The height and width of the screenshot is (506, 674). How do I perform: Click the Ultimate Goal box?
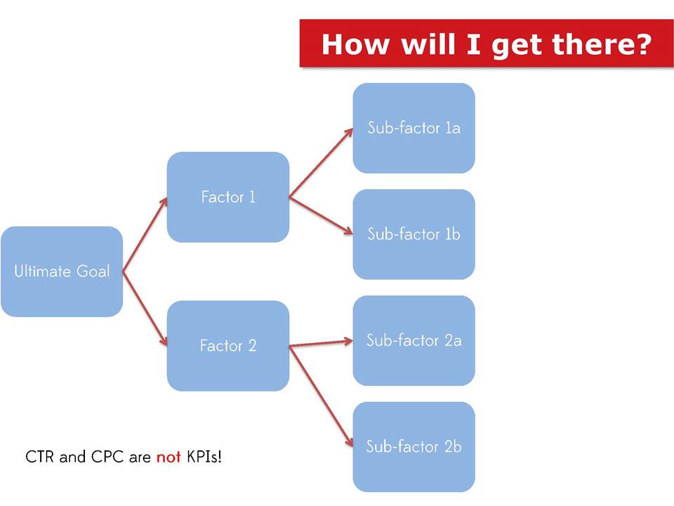62,271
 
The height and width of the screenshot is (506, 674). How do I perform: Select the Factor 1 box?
227,197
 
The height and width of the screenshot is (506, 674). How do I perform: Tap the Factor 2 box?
227,346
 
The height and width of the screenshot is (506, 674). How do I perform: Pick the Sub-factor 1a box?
414,128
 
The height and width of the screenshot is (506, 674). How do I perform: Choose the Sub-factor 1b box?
414,234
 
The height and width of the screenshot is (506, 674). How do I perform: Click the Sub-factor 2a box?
414,341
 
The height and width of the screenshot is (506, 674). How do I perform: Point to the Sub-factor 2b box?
414,447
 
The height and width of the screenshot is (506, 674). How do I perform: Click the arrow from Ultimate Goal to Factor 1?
145,235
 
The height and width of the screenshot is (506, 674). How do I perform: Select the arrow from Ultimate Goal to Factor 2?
145,309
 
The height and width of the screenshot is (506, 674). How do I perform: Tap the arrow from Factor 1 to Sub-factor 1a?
321,162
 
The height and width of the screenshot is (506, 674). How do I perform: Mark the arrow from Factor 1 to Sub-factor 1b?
321,216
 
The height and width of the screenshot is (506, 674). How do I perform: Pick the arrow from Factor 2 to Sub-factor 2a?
321,344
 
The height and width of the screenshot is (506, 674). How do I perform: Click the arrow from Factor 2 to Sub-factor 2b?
321,396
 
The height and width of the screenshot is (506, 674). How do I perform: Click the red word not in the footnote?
168,457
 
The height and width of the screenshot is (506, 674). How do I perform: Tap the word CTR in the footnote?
40,457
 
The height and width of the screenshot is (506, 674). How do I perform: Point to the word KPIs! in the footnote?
204,457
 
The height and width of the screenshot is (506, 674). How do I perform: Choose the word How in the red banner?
355,44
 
